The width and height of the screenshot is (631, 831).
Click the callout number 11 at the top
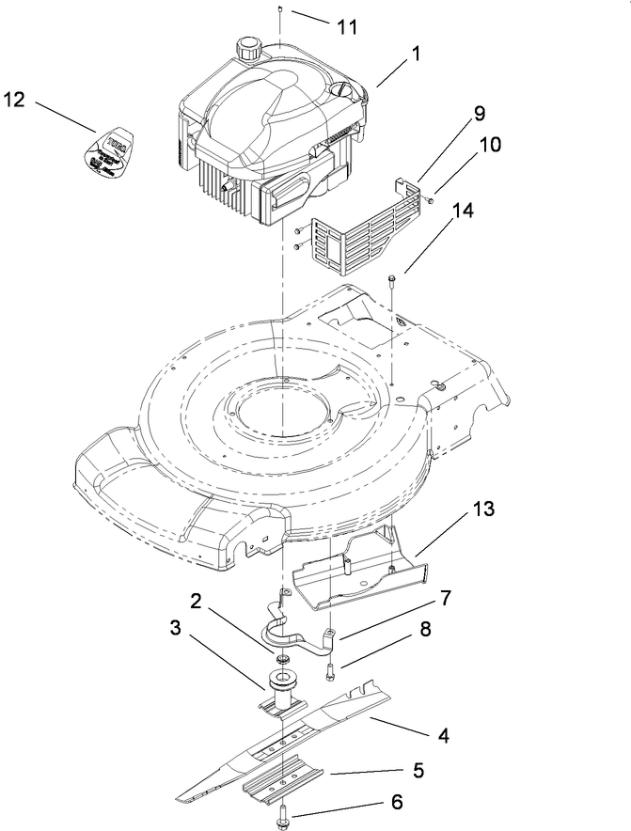[347, 26]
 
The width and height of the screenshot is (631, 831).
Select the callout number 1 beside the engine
[415, 56]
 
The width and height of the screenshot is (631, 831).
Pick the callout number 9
[480, 114]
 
